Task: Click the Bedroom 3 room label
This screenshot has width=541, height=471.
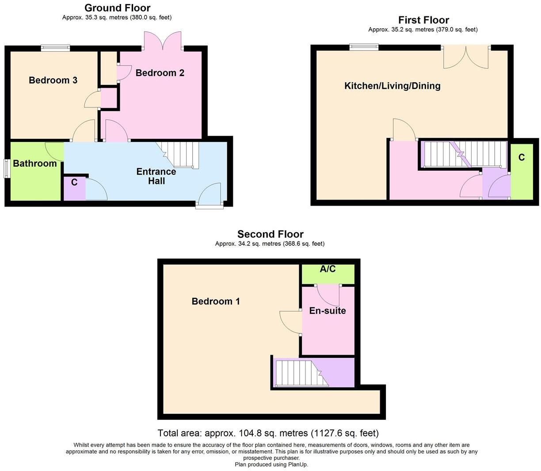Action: (53, 80)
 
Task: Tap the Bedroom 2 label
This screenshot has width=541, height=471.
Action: (160, 73)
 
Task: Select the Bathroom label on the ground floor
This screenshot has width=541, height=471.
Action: (35, 164)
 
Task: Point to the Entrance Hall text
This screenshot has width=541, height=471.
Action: (156, 176)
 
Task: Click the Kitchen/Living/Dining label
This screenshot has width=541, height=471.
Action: (392, 86)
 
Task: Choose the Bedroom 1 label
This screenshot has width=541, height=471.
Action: (216, 302)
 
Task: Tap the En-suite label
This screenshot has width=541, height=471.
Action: (327, 310)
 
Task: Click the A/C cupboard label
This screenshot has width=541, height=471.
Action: (328, 269)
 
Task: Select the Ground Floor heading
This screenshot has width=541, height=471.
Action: (117, 8)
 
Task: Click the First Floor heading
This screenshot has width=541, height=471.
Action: (423, 20)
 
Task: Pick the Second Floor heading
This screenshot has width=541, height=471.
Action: (270, 234)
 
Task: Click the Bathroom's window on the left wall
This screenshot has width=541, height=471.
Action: (6, 168)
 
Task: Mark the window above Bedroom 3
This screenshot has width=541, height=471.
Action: (56, 48)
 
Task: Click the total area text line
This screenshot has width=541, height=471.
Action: (268, 433)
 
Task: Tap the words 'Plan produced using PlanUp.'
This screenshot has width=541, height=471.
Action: (271, 464)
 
